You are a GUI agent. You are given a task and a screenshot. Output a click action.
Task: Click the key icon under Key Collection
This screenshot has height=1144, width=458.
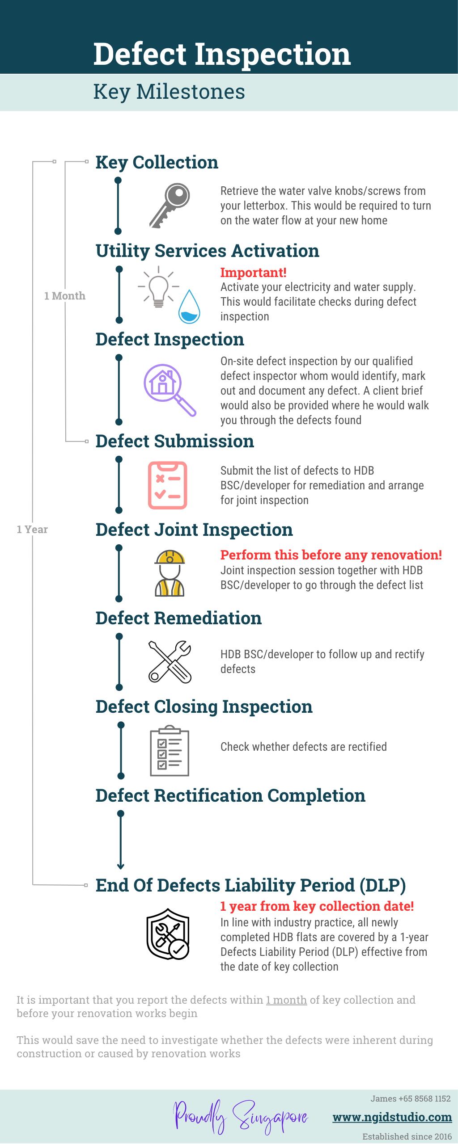pyautogui.click(x=170, y=206)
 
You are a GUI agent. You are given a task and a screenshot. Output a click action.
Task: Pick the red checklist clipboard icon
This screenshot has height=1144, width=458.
pyautogui.click(x=168, y=485)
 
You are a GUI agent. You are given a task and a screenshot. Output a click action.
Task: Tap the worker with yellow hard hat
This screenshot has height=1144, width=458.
pyautogui.click(x=170, y=573)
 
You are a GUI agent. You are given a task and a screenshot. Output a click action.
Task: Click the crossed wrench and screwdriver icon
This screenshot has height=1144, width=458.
pyautogui.click(x=170, y=662)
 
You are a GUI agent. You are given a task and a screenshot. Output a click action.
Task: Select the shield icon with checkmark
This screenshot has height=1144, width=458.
pyautogui.click(x=168, y=934)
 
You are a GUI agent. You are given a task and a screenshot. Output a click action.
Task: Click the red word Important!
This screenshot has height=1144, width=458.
pyautogui.click(x=253, y=273)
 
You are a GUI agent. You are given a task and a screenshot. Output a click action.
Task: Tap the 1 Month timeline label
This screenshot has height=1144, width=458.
pyautogui.click(x=64, y=296)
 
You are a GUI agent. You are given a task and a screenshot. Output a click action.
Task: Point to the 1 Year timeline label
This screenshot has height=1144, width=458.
pyautogui.click(x=32, y=530)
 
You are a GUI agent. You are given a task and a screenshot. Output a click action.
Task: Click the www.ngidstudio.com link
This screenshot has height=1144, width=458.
pyautogui.click(x=392, y=1117)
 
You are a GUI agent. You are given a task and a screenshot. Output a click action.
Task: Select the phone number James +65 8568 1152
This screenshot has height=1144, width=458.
pyautogui.click(x=410, y=1098)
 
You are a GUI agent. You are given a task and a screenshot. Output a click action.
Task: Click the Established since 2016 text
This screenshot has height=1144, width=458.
pyautogui.click(x=407, y=1136)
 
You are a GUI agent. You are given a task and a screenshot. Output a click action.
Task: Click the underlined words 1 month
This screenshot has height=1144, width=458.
pyautogui.click(x=286, y=1000)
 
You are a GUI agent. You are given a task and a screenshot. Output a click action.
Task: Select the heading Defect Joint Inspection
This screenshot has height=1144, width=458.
pyautogui.click(x=194, y=530)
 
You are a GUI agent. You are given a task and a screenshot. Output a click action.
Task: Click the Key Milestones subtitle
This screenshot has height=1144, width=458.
pyautogui.click(x=169, y=92)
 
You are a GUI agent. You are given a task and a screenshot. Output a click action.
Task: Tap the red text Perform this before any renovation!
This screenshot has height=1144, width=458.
pyautogui.click(x=331, y=555)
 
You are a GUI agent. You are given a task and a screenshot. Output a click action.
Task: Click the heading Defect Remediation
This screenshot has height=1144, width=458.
pyautogui.click(x=178, y=618)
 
